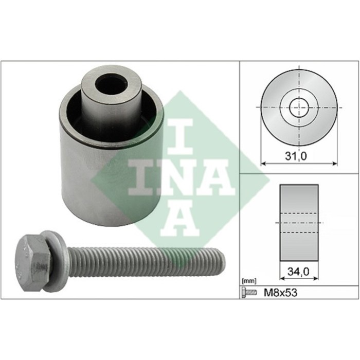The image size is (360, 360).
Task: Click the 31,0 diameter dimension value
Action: (296, 156)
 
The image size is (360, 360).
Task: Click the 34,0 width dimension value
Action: (298, 272)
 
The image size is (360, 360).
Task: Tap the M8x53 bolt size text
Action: (281, 293)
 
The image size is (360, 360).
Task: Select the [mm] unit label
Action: (248, 281)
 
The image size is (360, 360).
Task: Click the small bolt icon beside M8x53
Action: (249, 293)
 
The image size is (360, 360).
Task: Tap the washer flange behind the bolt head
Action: (56, 261)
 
